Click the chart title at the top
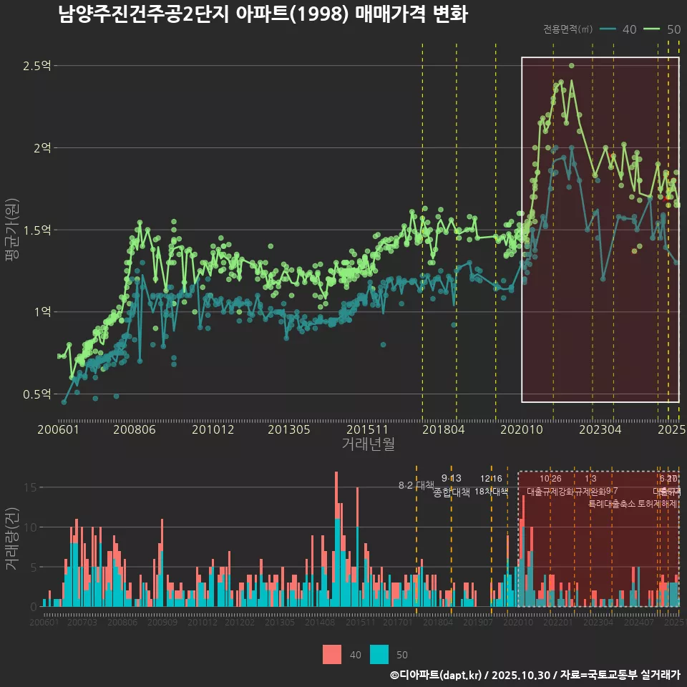click(263, 14)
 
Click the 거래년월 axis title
click(368, 444)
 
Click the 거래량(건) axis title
click(12, 540)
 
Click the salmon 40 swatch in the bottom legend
click(332, 654)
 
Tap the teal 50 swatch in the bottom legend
click(379, 654)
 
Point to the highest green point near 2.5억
click(572, 66)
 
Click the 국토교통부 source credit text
click(598, 675)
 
